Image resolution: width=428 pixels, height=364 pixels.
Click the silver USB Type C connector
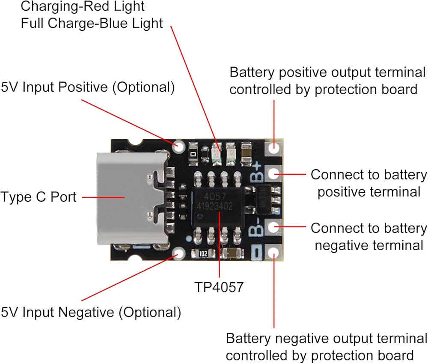(131, 199)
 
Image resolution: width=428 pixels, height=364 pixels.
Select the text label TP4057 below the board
(219, 287)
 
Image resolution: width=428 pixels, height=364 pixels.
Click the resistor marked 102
(203, 254)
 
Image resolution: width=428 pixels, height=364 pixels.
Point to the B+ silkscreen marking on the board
(256, 172)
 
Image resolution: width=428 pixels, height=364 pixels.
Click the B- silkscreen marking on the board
(256, 227)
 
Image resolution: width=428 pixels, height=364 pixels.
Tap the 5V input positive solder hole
(179, 146)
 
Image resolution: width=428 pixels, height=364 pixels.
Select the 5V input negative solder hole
(179, 253)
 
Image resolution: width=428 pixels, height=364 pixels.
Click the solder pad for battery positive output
(273, 147)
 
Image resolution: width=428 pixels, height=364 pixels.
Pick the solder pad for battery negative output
(273, 253)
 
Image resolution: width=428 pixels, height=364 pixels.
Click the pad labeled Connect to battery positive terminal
(273, 173)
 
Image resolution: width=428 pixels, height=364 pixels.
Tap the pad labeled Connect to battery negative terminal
(273, 227)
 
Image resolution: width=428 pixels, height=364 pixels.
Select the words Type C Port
(38, 197)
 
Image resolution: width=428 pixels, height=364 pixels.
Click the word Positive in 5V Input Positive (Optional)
(83, 87)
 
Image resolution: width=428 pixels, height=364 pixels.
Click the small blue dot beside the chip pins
(188, 239)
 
